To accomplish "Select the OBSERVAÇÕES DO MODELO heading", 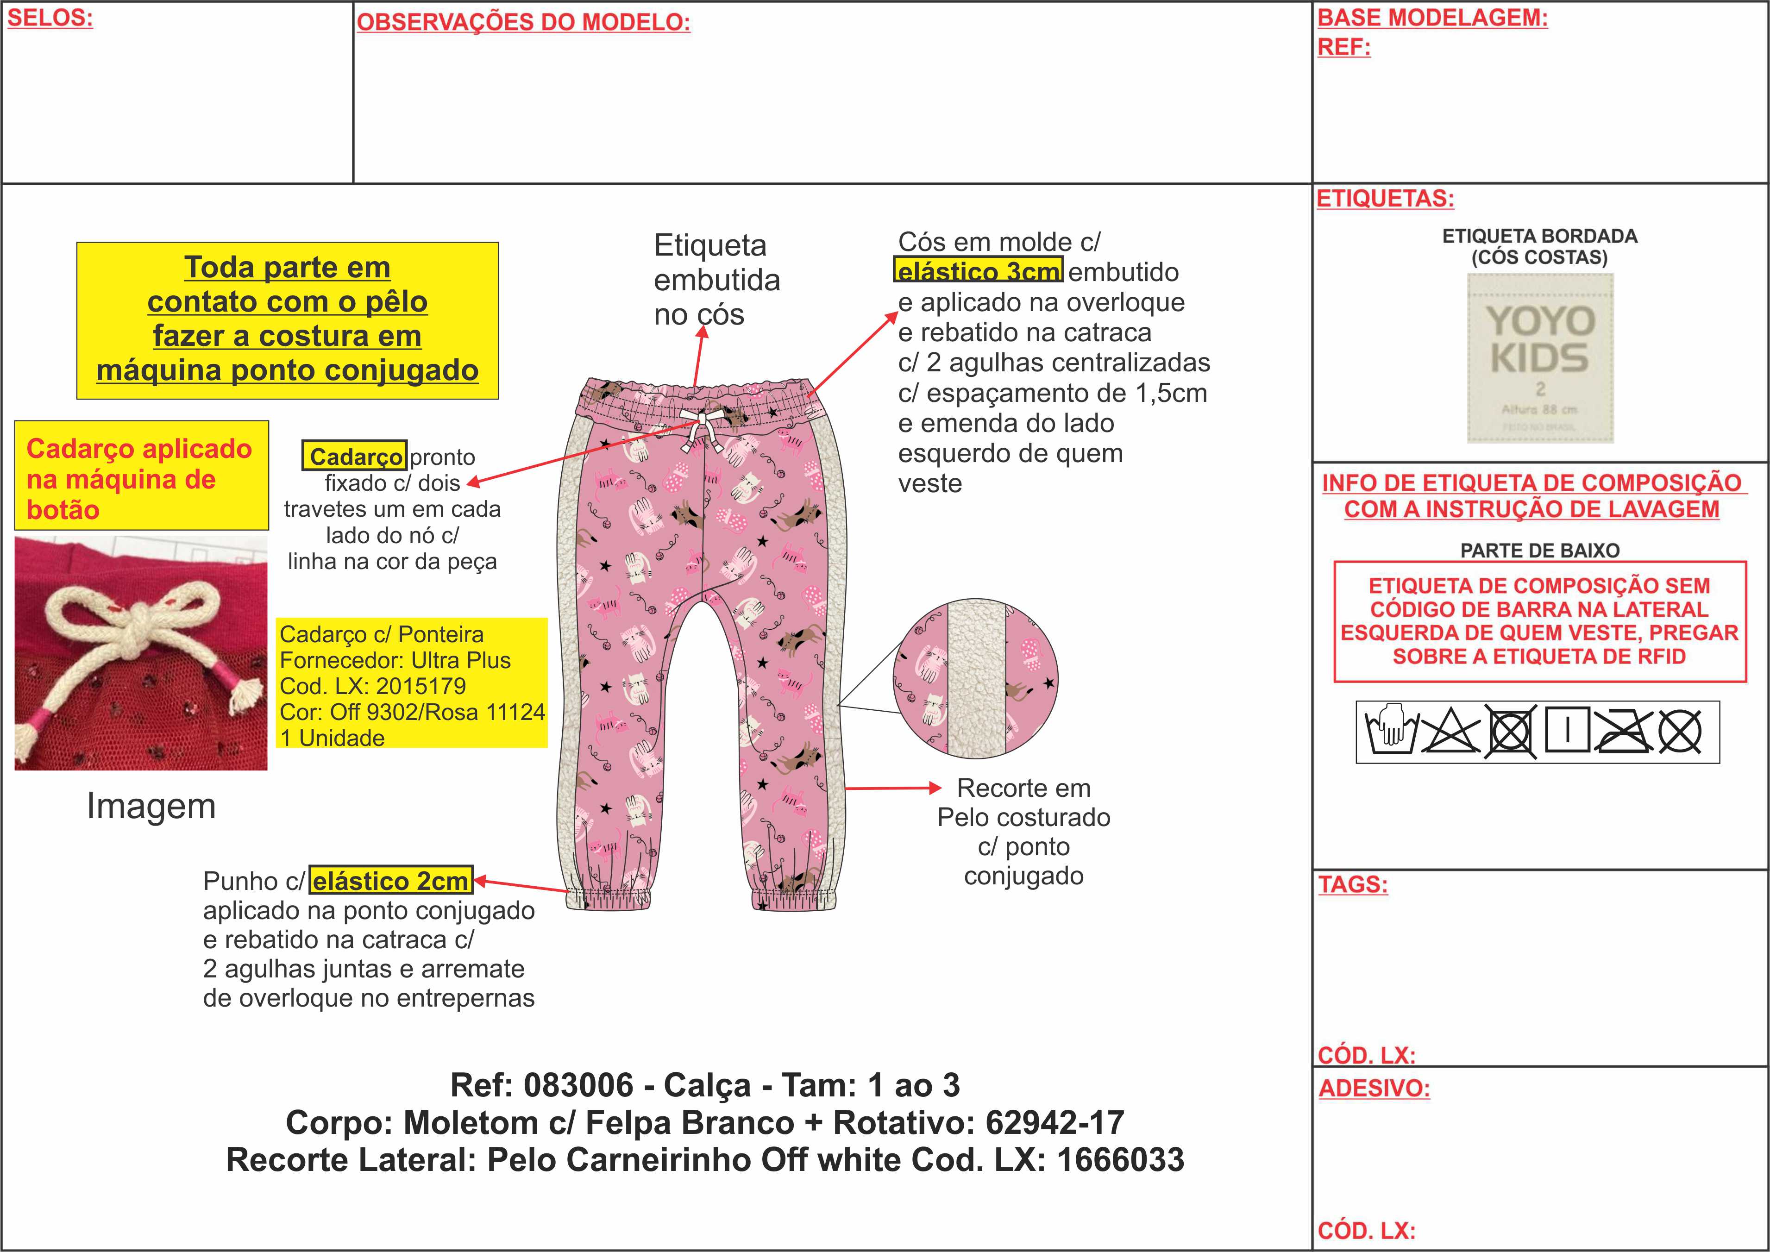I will [523, 22].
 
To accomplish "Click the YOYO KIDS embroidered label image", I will [1539, 358].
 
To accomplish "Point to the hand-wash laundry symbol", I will [1392, 730].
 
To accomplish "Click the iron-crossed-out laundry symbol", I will [1621, 730].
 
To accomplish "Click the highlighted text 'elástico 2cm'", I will [391, 880].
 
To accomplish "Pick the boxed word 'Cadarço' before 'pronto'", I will [355, 457].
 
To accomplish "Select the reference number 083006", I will [578, 1085].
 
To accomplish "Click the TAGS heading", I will [1352, 884].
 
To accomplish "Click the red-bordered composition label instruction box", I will [1539, 621].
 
